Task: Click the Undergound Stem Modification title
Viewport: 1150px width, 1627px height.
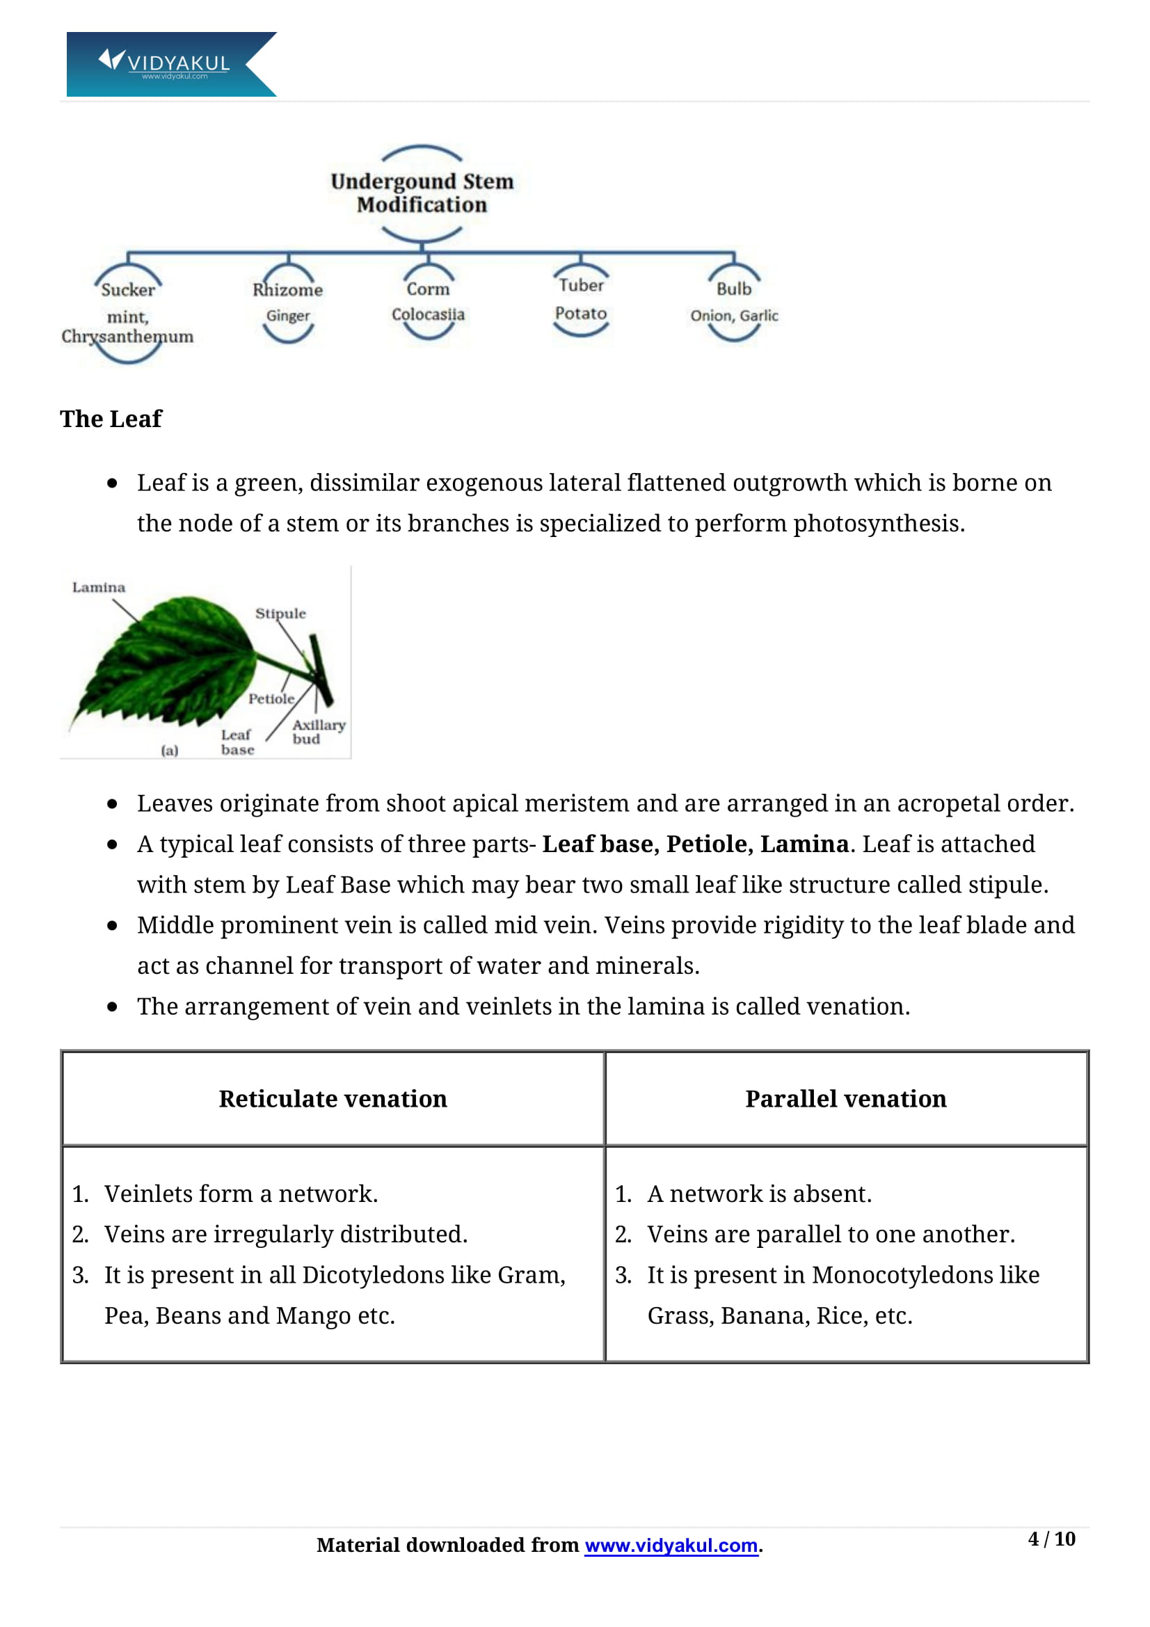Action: coord(422,193)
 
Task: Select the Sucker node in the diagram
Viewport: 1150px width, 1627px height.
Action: coord(127,290)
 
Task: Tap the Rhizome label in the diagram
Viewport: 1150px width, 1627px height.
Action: coord(288,290)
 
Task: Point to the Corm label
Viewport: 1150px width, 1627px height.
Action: coord(428,289)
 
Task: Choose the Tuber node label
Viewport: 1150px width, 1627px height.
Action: coord(581,285)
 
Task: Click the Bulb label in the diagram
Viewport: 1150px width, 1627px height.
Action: coord(733,289)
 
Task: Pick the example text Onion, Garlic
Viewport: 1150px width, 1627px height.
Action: coord(734,316)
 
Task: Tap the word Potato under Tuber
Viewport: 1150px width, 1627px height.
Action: coord(581,313)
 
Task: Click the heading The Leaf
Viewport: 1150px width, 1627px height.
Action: coord(111,419)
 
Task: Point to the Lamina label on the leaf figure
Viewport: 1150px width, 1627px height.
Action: coord(99,588)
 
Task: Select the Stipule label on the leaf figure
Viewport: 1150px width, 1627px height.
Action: coord(280,614)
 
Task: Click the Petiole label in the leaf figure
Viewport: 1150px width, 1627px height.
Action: coord(271,698)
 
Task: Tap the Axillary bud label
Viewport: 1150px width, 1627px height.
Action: coord(318,731)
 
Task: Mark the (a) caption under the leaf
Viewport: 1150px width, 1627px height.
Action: coord(169,751)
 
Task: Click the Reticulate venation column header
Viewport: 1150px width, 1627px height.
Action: coord(333,1098)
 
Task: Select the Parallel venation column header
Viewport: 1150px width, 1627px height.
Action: coord(845,1098)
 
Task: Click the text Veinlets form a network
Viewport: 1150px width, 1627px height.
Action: coord(241,1194)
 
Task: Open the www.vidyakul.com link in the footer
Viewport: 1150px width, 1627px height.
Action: coord(671,1545)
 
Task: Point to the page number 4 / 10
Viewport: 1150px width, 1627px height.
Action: coord(1051,1539)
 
